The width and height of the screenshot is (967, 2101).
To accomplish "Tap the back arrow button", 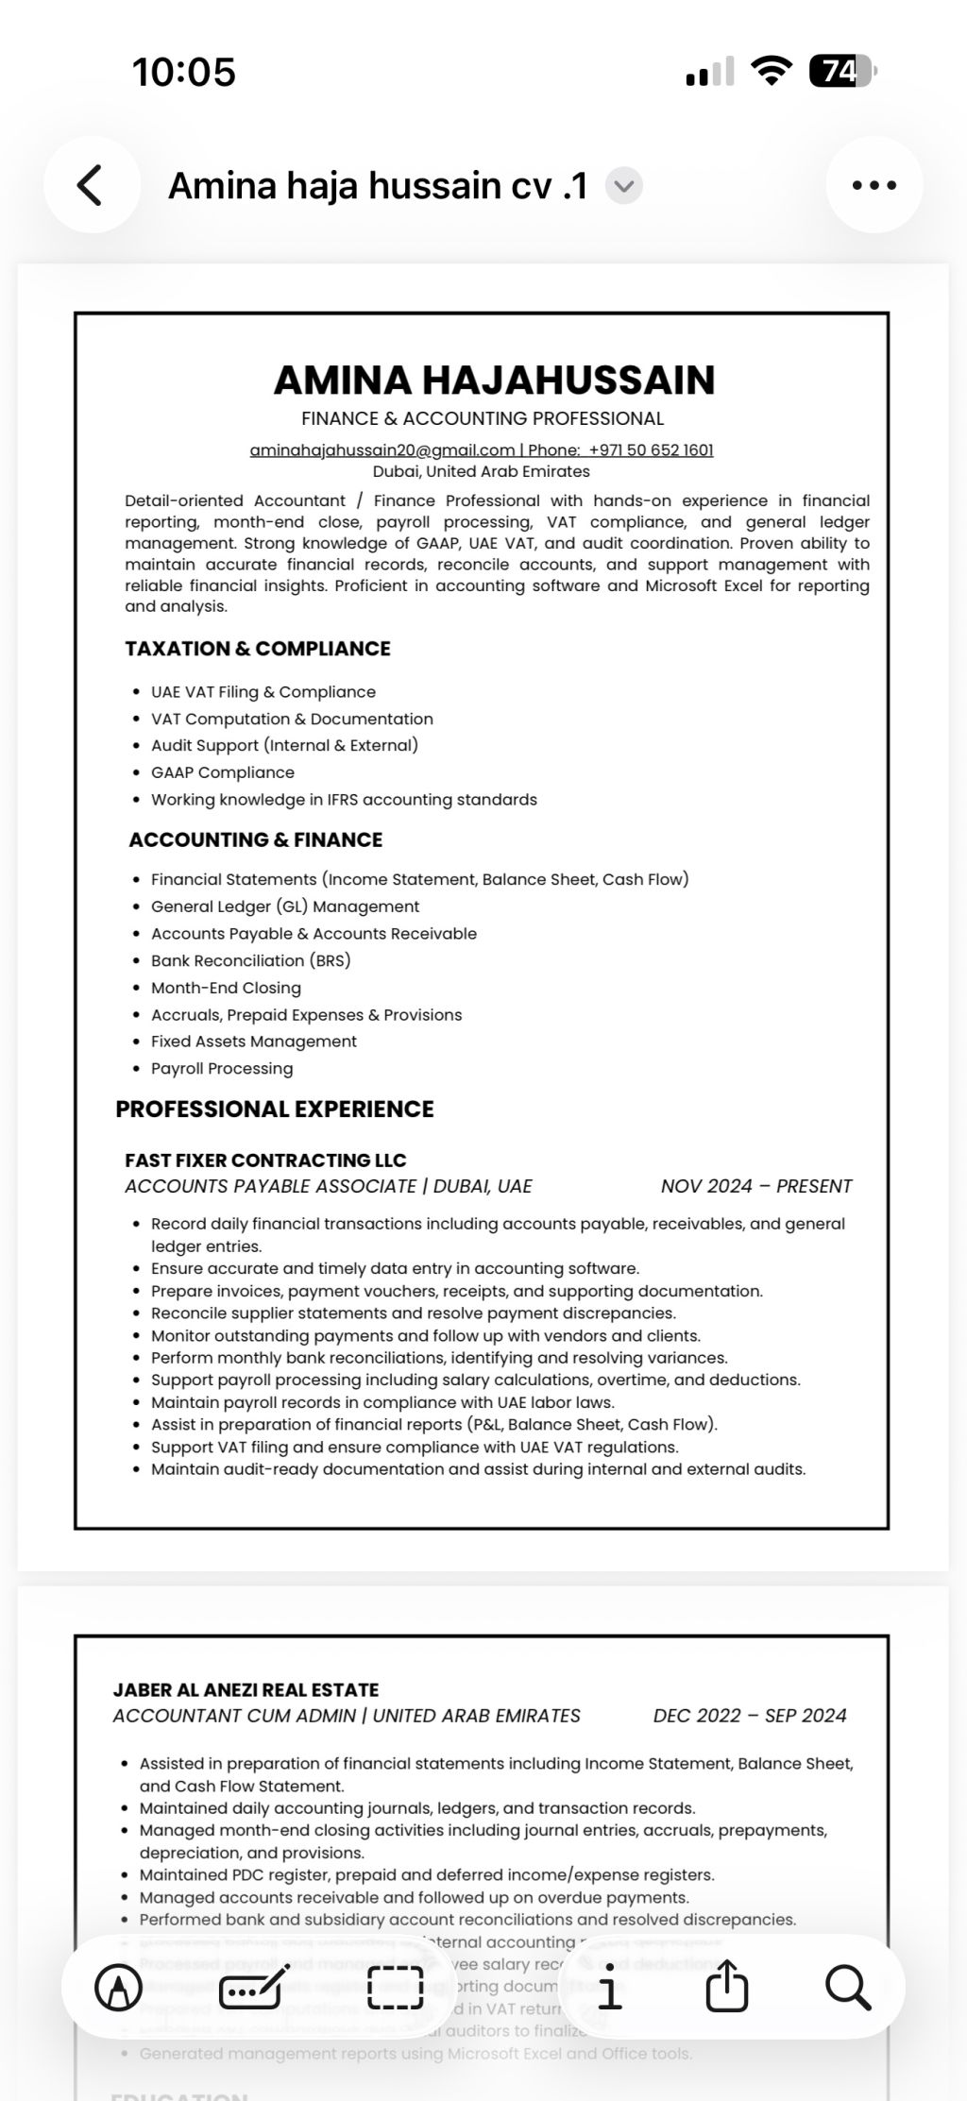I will click(x=91, y=185).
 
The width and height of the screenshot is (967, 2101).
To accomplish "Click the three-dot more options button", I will click(x=874, y=185).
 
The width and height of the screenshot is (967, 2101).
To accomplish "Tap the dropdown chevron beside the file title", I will click(x=623, y=186).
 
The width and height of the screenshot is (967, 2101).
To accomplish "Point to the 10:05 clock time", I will click(x=184, y=72).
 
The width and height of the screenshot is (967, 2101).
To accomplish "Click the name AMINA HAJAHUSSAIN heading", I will click(x=494, y=380).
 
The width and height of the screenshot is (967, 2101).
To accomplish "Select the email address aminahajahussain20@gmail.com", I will click(x=382, y=449).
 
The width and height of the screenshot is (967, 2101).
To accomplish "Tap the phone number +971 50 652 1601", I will click(x=651, y=449).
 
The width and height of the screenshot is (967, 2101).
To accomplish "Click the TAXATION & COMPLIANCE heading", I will click(x=258, y=649).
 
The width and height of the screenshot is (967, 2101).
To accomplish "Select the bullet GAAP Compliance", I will click(x=223, y=772).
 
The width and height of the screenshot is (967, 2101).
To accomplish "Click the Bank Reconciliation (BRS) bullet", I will click(x=251, y=960).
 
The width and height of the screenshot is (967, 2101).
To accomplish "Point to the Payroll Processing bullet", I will click(x=222, y=1068).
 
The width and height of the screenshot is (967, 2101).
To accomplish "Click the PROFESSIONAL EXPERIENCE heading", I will click(x=275, y=1109).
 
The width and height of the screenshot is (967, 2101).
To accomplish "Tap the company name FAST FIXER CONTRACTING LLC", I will click(x=265, y=1160).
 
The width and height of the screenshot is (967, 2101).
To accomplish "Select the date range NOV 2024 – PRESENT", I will click(x=755, y=1186).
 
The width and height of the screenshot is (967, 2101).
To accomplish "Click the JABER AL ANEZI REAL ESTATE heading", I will click(x=246, y=1689).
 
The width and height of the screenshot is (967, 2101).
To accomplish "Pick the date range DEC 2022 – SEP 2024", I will click(x=749, y=1716).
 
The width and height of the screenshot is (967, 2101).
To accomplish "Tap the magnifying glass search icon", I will click(x=847, y=1988).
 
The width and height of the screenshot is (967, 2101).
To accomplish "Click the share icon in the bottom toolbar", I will click(x=727, y=1987).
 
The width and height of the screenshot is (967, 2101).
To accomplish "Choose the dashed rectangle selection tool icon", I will click(x=395, y=1988).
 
